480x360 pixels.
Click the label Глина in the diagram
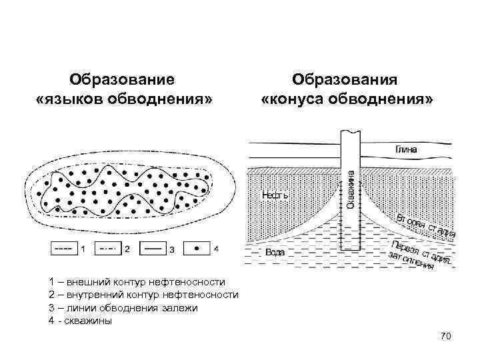407,149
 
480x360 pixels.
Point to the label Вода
275,252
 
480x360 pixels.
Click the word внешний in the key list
87,283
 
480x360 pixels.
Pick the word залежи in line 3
182,308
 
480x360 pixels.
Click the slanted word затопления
413,261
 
